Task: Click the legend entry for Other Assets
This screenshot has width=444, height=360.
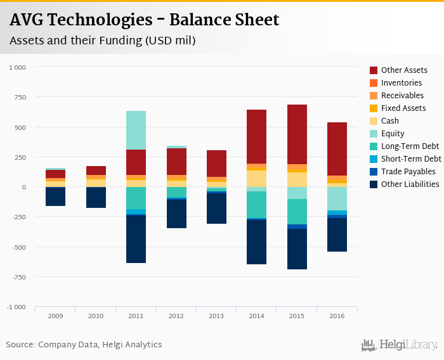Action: pos(403,70)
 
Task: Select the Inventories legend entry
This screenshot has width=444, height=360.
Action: pos(401,83)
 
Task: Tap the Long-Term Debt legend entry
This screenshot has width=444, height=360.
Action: pos(410,146)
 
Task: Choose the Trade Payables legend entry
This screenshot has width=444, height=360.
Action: pos(408,172)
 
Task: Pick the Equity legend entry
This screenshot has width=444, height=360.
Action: pos(393,134)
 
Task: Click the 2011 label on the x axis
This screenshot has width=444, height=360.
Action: pos(136,316)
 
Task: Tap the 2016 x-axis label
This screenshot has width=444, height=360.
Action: pos(337,316)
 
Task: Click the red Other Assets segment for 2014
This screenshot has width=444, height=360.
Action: pos(256,136)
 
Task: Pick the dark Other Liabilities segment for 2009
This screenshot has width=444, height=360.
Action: pos(55,196)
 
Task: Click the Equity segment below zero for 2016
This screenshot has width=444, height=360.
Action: pos(337,198)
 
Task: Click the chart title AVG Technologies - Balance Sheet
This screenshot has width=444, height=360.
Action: pos(144,20)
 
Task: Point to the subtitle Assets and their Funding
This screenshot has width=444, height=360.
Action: pos(102,41)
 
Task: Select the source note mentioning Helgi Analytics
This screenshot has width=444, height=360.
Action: pos(84,345)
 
